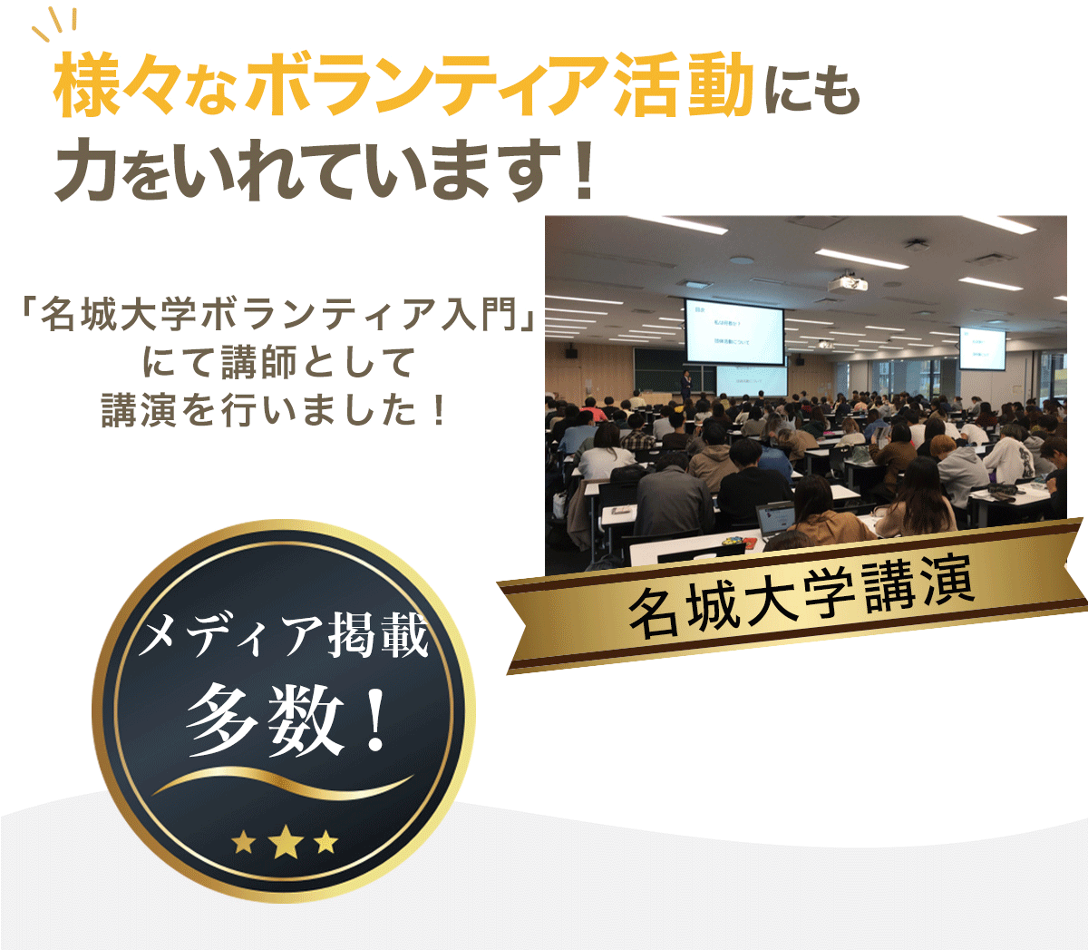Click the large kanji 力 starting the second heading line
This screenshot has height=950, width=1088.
pyautogui.click(x=85, y=168)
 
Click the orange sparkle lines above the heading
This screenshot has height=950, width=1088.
pyautogui.click(x=54, y=25)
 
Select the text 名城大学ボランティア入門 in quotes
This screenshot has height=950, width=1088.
pyautogui.click(x=277, y=315)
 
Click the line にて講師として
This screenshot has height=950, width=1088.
pyautogui.click(x=277, y=363)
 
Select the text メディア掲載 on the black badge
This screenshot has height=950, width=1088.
pyautogui.click(x=284, y=634)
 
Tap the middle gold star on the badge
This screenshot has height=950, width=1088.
pyautogui.click(x=285, y=842)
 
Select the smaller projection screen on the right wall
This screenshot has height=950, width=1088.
pyautogui.click(x=982, y=348)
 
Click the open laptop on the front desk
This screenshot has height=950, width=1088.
pyautogui.click(x=776, y=520)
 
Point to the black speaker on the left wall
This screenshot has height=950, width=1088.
pyautogui.click(x=571, y=352)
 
